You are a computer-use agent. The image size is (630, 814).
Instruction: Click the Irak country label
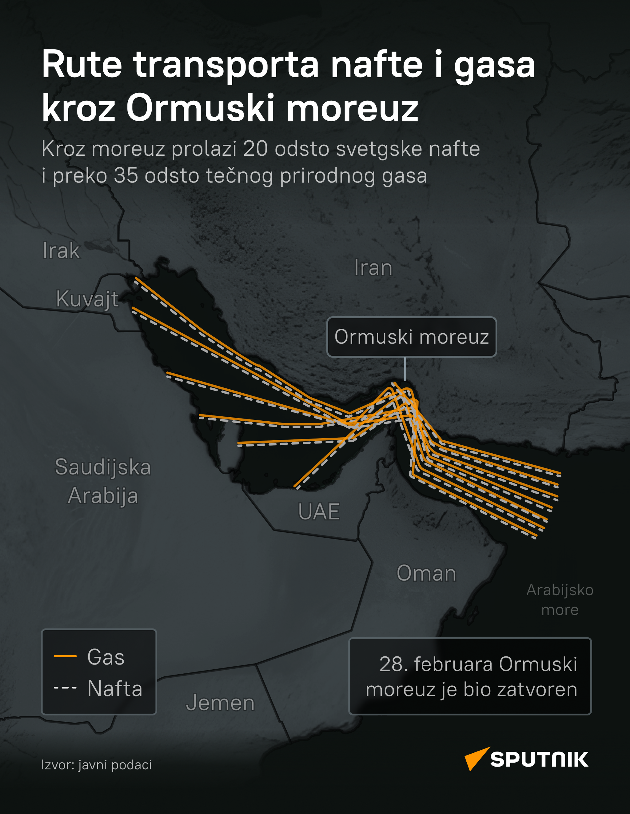coord(61,251)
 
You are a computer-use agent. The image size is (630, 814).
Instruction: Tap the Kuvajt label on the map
coord(87,299)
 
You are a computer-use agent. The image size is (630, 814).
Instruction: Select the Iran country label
coord(373,268)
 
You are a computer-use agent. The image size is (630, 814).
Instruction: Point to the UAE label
coord(319,511)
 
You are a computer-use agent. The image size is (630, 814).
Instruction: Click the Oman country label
coord(426,573)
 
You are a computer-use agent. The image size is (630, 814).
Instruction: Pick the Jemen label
coord(220,703)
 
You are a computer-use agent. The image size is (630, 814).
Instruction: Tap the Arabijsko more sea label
coord(560,600)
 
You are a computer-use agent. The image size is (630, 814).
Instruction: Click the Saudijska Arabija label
coord(103,481)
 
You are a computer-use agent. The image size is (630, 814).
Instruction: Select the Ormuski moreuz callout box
coord(411,337)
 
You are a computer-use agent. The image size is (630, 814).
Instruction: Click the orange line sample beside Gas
coord(65,656)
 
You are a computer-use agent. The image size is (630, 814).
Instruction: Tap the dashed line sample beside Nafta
coord(65,687)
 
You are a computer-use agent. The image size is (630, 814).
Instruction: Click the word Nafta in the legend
coord(115,688)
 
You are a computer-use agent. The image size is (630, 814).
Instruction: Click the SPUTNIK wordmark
coord(539,760)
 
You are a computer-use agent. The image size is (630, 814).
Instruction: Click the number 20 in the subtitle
coord(255,149)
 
